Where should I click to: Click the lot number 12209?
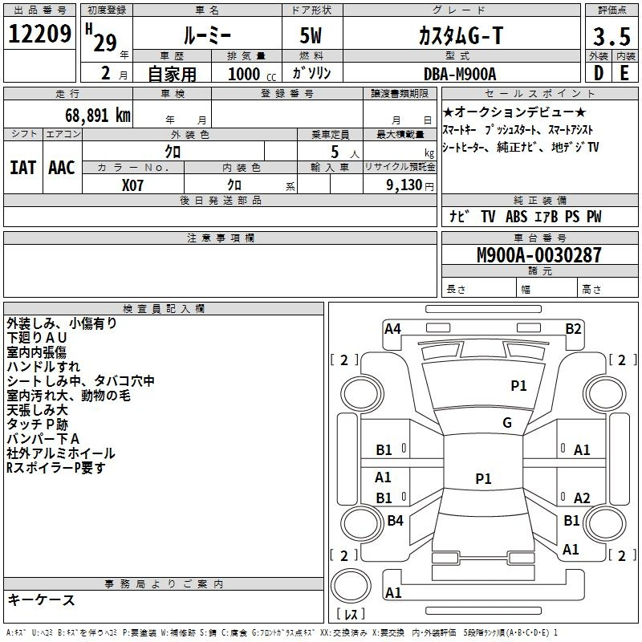point(39,34)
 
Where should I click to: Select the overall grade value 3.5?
point(612,36)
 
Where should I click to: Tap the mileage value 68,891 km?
point(98,115)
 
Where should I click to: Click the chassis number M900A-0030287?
point(539,254)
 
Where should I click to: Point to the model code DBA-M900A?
point(460,74)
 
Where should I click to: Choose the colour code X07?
point(132,185)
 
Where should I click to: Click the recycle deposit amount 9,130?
point(404,185)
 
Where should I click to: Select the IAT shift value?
point(23,168)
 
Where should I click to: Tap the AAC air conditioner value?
point(62,168)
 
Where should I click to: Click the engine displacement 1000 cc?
point(252,74)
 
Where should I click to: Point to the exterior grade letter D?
point(598,73)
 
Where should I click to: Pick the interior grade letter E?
point(624,73)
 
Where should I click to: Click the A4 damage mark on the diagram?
point(392,329)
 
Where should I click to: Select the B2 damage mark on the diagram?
point(573,329)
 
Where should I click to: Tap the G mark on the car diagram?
point(507,422)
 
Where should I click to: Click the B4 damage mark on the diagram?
point(396,520)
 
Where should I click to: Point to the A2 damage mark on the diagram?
point(582,498)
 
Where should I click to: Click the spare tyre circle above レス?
point(351,586)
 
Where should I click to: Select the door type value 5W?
point(311,35)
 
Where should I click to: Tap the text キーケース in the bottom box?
point(42,599)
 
